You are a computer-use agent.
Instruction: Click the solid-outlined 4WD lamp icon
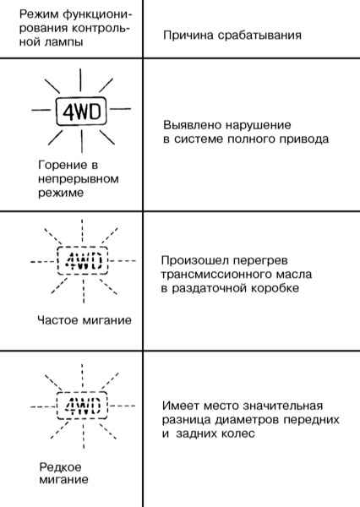(81, 111)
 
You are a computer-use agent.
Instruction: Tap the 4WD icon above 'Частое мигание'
(83, 260)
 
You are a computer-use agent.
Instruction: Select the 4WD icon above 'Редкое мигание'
(82, 406)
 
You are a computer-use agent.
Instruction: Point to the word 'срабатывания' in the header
(259, 35)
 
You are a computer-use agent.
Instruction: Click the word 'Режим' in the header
(39, 14)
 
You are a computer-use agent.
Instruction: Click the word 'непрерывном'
(79, 179)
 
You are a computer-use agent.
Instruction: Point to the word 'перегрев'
(260, 260)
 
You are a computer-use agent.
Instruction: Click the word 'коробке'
(275, 288)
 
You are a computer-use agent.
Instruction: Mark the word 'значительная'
(282, 406)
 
